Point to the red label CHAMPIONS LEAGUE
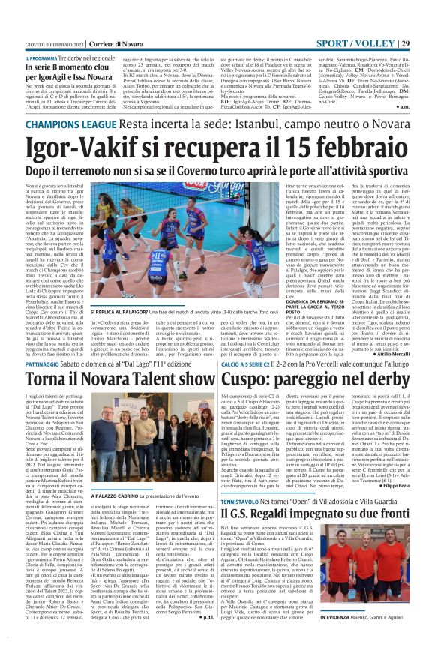tap(48, 136)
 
